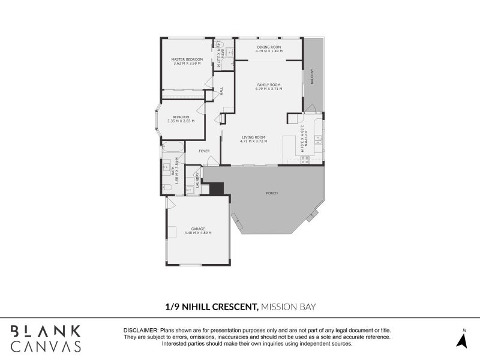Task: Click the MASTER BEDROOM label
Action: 187,59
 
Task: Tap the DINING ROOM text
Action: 268,46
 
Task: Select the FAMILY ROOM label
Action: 268,85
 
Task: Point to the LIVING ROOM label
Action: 253,137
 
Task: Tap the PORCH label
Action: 272,193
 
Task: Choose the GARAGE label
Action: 198,229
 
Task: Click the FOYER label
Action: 204,151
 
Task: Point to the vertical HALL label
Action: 221,91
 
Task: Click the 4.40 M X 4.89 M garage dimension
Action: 198,233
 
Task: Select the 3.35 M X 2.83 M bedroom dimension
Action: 181,121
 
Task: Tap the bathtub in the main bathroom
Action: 173,148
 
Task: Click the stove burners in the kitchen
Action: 304,160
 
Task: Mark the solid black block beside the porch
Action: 217,188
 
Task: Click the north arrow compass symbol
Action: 462,339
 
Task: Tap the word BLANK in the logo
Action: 46,331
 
